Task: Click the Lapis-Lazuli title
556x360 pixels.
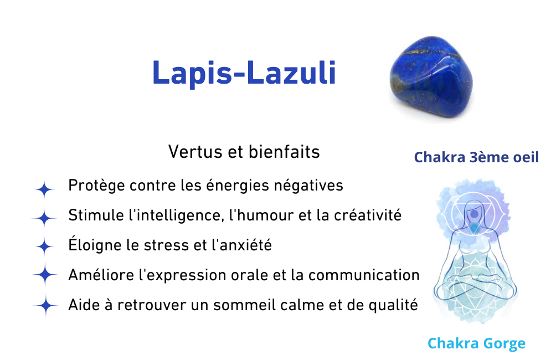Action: [244, 73]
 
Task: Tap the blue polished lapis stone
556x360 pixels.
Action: [431, 77]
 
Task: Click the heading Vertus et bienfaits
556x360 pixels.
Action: [244, 152]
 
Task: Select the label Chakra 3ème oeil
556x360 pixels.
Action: [476, 157]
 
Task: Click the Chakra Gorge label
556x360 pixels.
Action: [476, 343]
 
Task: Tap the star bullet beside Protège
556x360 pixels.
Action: [44, 189]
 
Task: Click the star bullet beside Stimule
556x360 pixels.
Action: [44, 218]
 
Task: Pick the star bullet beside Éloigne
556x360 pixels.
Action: [45, 246]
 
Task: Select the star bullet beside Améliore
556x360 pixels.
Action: [45, 275]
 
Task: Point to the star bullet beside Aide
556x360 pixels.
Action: [45, 305]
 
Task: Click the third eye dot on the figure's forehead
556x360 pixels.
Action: [474, 214]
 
